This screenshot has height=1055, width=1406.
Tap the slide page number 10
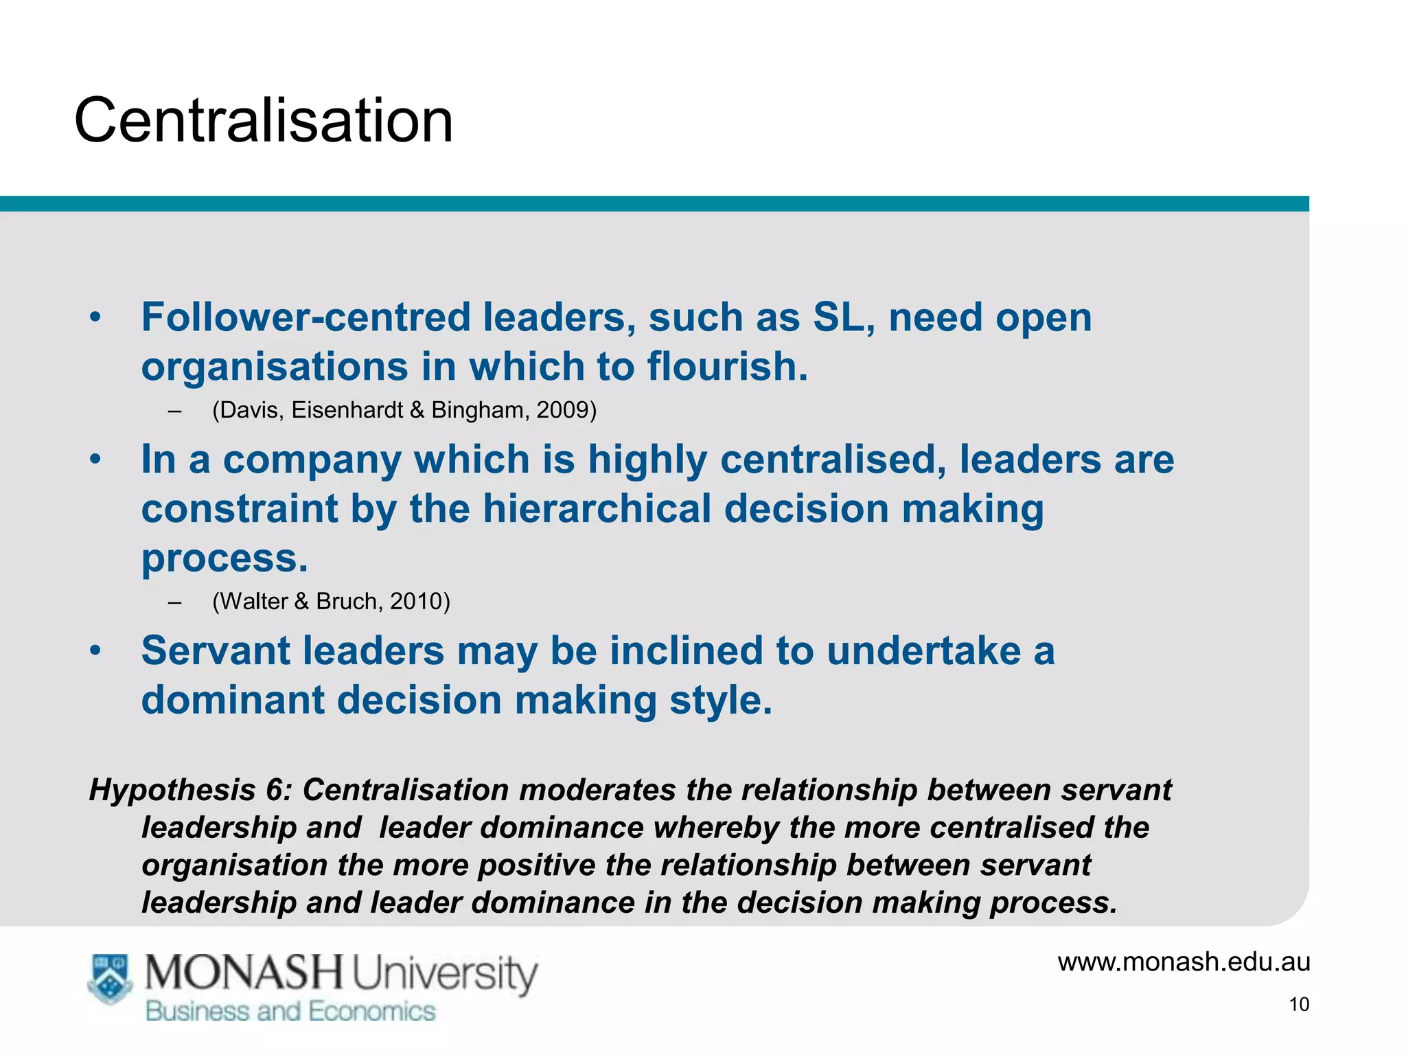pos(1299,1004)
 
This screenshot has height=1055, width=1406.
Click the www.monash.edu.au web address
pos(1184,962)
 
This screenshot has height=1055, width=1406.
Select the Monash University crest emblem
pos(110,978)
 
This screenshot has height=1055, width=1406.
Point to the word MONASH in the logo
pos(244,974)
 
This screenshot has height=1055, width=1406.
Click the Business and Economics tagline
pos(290,1011)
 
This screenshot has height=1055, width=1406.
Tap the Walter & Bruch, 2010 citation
pos(331,601)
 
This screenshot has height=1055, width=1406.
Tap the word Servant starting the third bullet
pos(224,650)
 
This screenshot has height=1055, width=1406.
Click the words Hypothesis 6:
pos(191,790)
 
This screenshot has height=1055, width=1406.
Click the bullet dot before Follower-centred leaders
pos(95,317)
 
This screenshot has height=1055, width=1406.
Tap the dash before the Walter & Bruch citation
pos(174,602)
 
